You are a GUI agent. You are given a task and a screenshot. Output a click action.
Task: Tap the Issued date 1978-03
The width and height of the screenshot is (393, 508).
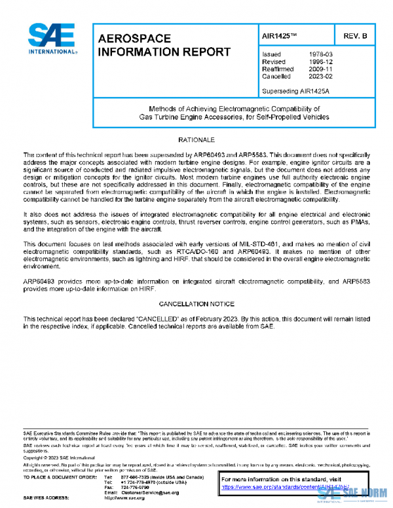(x=320, y=54)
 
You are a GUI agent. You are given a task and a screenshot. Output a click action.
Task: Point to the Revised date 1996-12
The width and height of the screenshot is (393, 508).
(x=320, y=62)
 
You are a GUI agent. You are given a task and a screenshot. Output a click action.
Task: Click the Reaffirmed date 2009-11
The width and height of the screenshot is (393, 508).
(x=320, y=69)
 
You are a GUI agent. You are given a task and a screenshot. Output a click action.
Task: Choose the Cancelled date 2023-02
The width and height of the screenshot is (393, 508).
(x=320, y=77)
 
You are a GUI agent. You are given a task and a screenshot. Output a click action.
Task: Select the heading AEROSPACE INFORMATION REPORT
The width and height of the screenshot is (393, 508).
(x=164, y=45)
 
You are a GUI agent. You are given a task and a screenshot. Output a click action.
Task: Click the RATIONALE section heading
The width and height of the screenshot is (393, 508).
(x=197, y=141)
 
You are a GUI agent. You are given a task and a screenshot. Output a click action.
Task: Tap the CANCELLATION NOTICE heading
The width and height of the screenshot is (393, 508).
(x=197, y=304)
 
